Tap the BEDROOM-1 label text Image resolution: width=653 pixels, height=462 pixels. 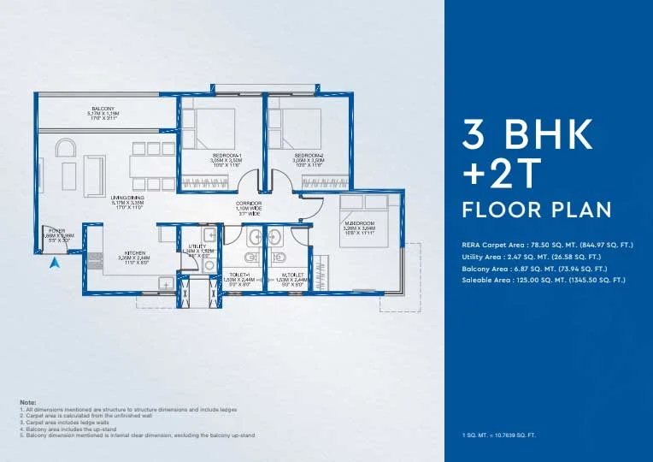tap(226, 155)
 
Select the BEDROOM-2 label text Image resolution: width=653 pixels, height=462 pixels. tap(309, 155)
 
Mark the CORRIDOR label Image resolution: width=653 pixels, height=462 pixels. tap(249, 204)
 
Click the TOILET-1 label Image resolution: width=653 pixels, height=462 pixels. tap(234, 275)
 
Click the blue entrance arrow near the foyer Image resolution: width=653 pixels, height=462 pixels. tap(56, 264)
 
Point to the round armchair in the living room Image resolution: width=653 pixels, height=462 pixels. tap(66, 150)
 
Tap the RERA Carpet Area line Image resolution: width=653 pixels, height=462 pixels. tap(547, 246)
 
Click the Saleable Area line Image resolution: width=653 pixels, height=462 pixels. tap(543, 280)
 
